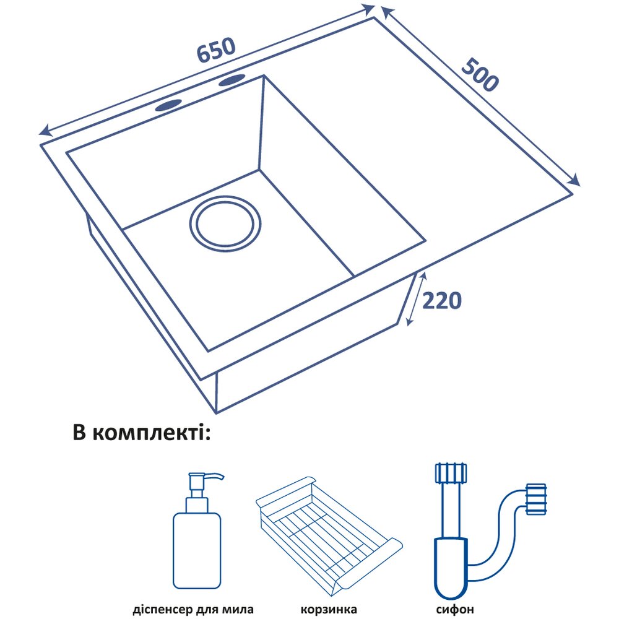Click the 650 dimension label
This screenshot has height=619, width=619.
click(x=216, y=50)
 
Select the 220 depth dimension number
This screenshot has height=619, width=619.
click(x=441, y=301)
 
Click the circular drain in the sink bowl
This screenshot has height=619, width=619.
click(x=225, y=224)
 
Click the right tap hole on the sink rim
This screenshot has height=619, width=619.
click(x=232, y=80)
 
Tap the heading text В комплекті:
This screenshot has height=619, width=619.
click(x=142, y=433)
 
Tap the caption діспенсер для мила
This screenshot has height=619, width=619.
click(x=193, y=609)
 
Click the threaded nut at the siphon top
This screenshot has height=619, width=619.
click(x=450, y=473)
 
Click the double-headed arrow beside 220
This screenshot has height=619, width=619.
click(x=417, y=300)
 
